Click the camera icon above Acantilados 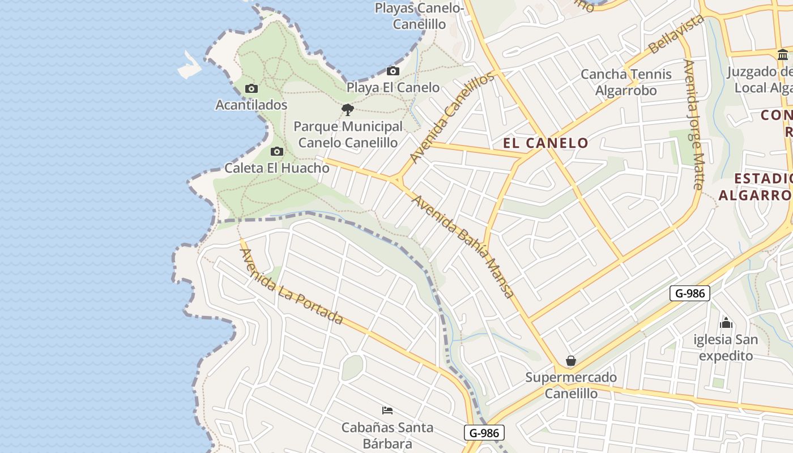[251, 88]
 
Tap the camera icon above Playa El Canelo [393, 71]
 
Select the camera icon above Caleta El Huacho [277, 151]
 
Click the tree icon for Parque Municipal [348, 109]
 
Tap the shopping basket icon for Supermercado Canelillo [571, 361]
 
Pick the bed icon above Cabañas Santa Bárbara [387, 410]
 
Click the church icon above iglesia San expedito [726, 323]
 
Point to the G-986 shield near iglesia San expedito [689, 293]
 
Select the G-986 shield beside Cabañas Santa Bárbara [484, 433]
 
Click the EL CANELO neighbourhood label [546, 143]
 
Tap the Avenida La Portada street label [292, 287]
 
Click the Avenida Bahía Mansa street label [463, 246]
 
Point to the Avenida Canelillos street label [452, 117]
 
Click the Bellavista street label [676, 35]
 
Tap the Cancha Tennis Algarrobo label [626, 82]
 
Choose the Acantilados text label [251, 105]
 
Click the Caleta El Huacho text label [277, 168]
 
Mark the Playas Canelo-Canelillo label [419, 16]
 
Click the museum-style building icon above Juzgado [783, 55]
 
